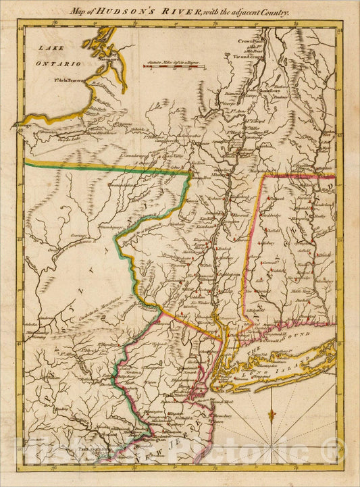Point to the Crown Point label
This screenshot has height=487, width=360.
(x=248, y=41)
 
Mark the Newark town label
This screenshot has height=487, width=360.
(x=195, y=371)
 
